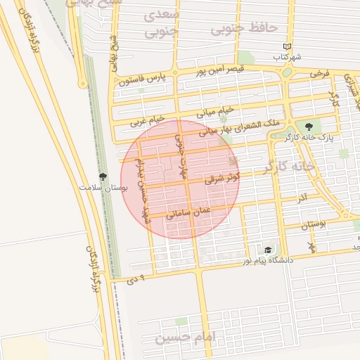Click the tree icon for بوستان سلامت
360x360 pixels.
(x=103, y=178)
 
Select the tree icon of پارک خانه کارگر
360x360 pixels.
(x=309, y=126)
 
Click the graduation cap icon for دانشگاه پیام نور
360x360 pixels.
(x=267, y=250)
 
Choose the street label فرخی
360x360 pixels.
(x=320, y=73)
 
